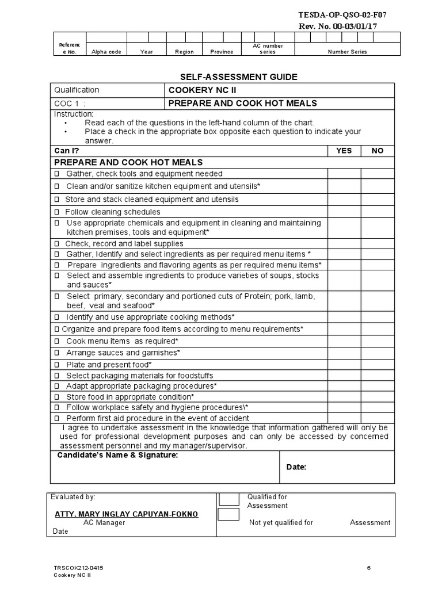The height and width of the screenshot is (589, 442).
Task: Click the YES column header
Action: click(344, 151)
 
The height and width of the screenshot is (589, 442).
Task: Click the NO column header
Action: click(378, 151)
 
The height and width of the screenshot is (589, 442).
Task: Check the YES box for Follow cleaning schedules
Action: click(344, 212)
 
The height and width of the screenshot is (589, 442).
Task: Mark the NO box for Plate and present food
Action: click(378, 365)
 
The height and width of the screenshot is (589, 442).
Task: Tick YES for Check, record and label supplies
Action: click(344, 244)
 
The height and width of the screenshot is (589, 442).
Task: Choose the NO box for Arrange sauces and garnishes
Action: click(378, 353)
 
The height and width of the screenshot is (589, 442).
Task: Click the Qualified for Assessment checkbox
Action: click(228, 499)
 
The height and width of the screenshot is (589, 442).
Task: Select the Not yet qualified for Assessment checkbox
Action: click(228, 514)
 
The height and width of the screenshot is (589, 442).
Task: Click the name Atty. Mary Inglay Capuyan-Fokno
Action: click(126, 514)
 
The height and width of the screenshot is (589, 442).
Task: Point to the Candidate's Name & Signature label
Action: click(117, 456)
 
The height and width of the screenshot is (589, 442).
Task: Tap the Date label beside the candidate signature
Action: click(296, 467)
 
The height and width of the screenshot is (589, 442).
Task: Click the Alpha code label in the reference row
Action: click(106, 52)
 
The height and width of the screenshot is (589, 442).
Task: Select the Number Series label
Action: click(347, 52)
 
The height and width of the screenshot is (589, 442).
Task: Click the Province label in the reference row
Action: click(222, 52)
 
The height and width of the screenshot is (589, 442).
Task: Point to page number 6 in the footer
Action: click(369, 568)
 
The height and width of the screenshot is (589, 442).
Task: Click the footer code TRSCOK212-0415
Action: click(79, 568)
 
